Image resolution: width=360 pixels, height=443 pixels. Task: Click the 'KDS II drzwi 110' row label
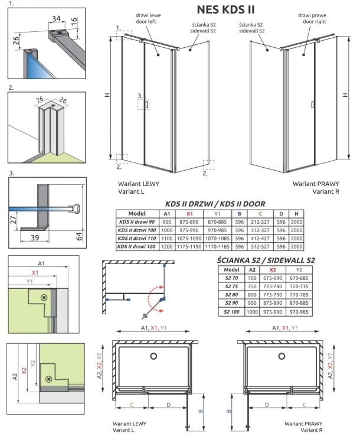[x=136, y=238]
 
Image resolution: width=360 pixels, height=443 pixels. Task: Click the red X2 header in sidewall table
[x=273, y=269]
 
